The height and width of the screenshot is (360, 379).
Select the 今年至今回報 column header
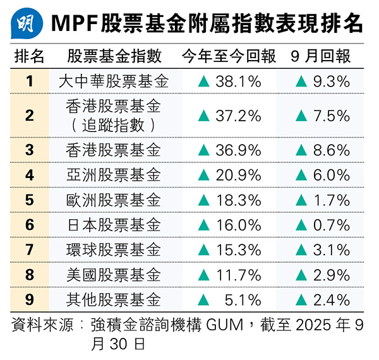click(229, 56)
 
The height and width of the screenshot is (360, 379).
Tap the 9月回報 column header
click(321, 56)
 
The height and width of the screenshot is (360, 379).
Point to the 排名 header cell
click(29, 56)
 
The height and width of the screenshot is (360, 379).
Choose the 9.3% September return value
click(330, 81)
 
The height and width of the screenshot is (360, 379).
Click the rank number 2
click(29, 115)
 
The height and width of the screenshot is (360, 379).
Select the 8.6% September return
click(330, 150)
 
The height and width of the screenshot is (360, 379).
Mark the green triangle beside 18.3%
click(203, 200)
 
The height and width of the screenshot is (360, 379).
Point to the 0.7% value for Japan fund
click(330, 225)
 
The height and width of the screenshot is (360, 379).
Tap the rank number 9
click(29, 299)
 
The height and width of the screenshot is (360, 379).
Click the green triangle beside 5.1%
click(203, 299)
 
